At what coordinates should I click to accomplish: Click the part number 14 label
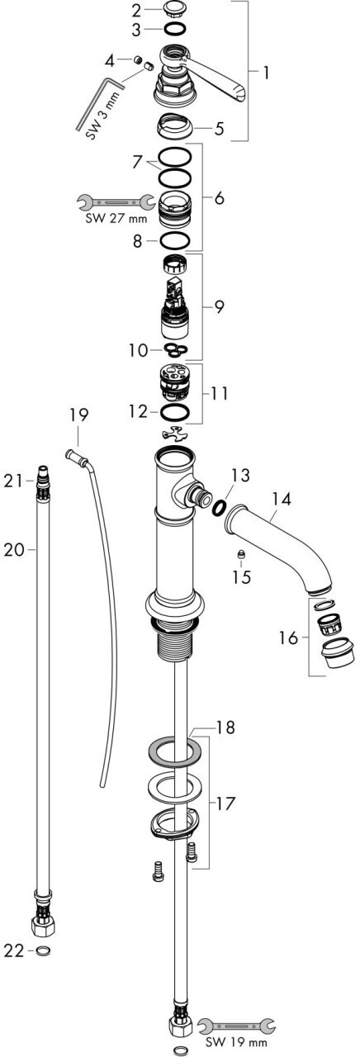click(x=282, y=500)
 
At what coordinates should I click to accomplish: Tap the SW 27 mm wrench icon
click(x=116, y=202)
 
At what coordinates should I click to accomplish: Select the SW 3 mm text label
click(x=104, y=116)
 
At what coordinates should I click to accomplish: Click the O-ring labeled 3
click(x=174, y=29)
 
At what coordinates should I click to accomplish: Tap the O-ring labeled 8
click(x=175, y=240)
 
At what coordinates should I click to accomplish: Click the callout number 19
click(x=78, y=415)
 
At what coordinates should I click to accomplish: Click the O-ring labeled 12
click(x=175, y=412)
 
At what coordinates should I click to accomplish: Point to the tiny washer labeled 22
click(x=42, y=951)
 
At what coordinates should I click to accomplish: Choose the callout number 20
click(x=13, y=550)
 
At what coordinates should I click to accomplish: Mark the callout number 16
click(x=288, y=638)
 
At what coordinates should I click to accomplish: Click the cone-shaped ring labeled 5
click(x=174, y=126)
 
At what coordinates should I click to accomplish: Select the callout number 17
click(x=225, y=803)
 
